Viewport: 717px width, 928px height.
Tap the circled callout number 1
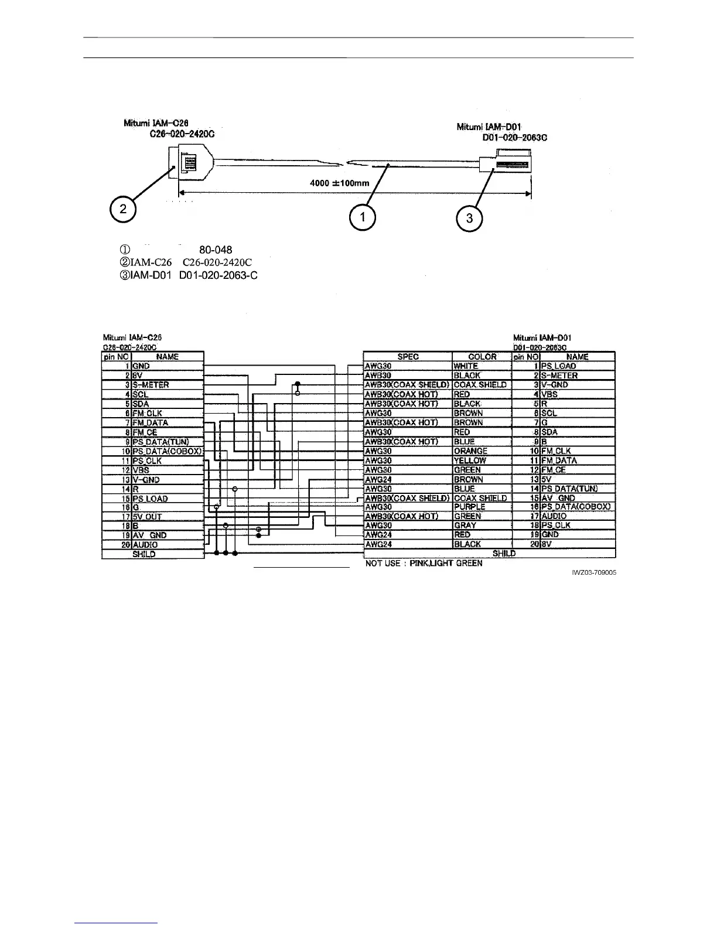coord(363,217)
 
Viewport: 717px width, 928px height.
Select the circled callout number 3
coord(469,219)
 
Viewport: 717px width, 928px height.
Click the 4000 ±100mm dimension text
coord(339,183)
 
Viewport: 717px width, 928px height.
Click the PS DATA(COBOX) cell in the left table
coord(168,451)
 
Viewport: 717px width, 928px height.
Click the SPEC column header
coord(408,356)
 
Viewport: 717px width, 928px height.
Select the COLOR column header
coord(482,356)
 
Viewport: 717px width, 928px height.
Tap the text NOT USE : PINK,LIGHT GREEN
coord(424,564)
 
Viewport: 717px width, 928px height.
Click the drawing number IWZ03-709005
coord(593,573)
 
